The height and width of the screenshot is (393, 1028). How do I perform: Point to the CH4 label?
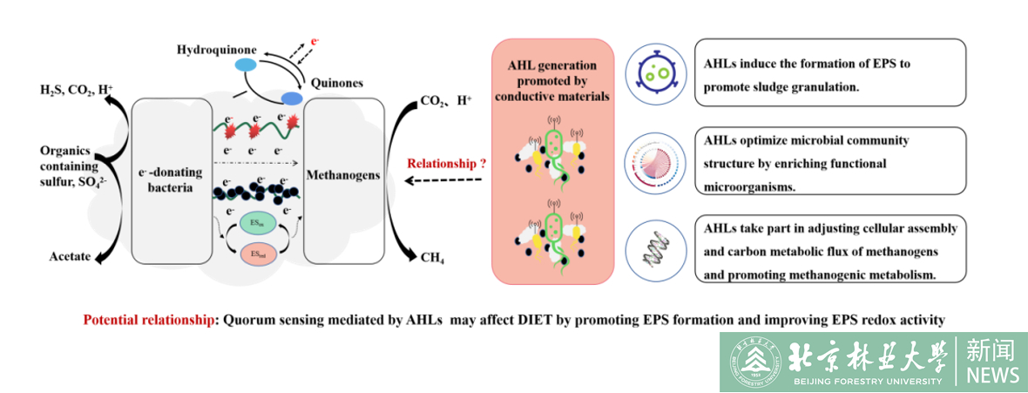pos(429,258)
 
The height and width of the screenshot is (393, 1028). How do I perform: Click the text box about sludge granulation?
pos(829,72)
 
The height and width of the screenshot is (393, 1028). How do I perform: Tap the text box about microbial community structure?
pos(829,160)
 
